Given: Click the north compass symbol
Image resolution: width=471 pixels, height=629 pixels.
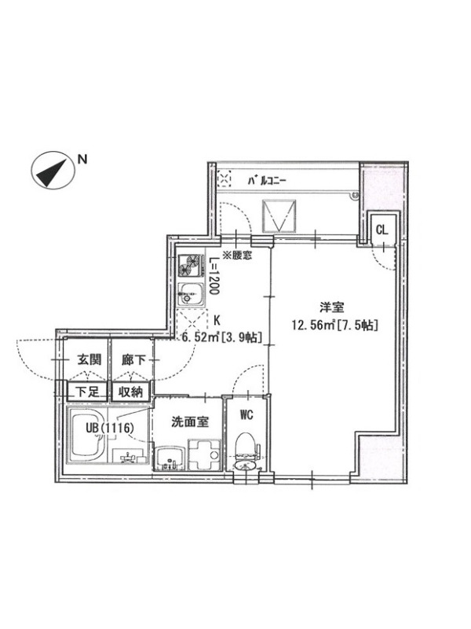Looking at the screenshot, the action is point(53,170).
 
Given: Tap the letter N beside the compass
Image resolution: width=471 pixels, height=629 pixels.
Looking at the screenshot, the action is point(82,160).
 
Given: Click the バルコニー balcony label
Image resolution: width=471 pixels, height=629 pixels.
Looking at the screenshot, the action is point(267,181).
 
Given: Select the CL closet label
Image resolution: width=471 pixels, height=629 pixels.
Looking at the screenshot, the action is point(382,230).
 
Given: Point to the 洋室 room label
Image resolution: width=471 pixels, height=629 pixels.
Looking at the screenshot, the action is point(332,307).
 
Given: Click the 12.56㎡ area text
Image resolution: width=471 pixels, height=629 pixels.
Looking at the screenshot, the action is point(313,325).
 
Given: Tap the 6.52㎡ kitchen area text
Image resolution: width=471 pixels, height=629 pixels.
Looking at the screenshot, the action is point(200,337).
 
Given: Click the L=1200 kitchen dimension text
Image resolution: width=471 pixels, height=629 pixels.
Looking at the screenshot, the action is point(214,276).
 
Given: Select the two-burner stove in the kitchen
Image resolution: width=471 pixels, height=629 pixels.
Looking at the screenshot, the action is point(191,266).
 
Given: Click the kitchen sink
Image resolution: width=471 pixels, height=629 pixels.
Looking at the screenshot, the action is point(191,294).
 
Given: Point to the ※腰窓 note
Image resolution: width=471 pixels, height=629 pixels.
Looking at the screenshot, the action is point(237,255).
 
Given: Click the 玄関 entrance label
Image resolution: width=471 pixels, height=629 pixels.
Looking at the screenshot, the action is point(89,360).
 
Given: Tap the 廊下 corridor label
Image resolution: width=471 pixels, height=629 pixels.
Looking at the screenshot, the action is point(133,360).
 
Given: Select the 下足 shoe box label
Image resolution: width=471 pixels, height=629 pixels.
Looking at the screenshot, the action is point(87,392).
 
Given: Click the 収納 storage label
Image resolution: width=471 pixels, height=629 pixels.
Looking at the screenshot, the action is point(130,392).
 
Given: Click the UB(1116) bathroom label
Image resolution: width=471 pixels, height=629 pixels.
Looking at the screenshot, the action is point(109,428).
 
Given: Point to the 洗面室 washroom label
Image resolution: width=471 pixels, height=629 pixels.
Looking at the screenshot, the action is point(190,421).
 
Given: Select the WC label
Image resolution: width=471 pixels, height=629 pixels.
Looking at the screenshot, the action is point(246,414).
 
